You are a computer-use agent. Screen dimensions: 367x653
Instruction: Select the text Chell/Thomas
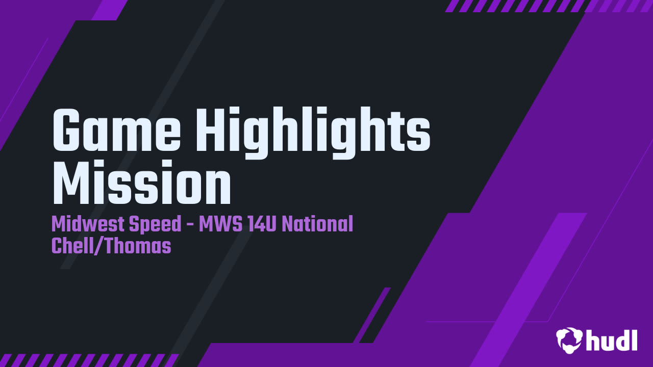111,246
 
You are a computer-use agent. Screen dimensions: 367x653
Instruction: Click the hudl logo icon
569,340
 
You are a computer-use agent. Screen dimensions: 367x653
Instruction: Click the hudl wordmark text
612,339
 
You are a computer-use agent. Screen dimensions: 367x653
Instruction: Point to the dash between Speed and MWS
190,225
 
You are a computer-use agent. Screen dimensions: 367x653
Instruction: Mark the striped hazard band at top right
548,6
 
